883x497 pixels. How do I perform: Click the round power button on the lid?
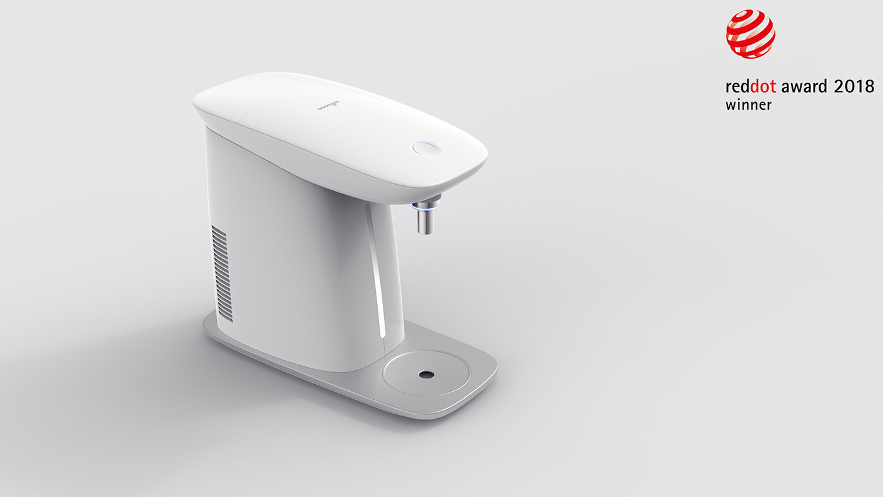point(426,148)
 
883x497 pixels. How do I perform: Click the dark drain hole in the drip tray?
point(426,374)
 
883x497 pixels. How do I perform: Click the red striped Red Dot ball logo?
point(750,34)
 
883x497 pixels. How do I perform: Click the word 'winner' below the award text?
point(748,105)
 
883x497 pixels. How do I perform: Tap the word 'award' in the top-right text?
point(804,86)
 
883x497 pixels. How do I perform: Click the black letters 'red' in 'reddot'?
point(737,86)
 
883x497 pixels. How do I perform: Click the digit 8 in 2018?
point(869,86)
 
